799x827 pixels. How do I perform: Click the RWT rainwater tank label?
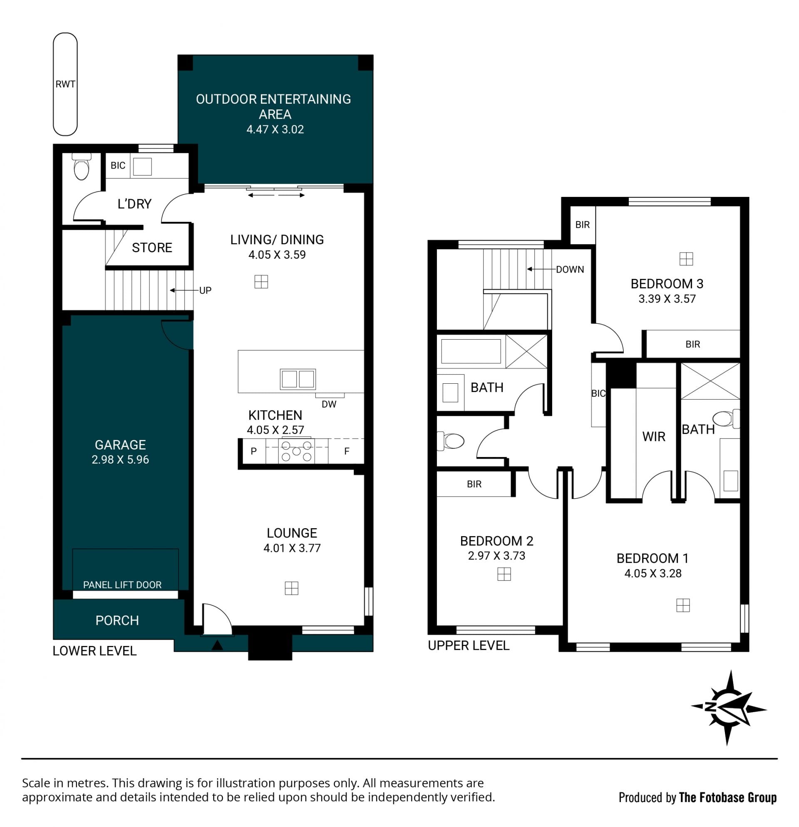65,84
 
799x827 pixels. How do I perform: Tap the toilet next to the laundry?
82,166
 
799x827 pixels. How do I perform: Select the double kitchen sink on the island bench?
298,379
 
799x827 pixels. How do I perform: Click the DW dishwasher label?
329,404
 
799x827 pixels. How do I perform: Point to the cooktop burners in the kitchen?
297,452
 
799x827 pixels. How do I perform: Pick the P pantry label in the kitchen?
253,451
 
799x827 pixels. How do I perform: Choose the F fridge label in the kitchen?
347,451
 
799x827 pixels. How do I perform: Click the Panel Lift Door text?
122,585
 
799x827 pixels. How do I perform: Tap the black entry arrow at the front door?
217,645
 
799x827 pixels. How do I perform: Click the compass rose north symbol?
729,708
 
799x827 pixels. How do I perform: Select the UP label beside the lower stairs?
206,290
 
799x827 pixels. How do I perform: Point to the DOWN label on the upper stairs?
570,270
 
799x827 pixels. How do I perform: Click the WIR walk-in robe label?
654,436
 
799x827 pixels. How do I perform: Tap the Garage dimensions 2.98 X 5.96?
120,459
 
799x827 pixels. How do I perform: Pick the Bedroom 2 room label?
496,541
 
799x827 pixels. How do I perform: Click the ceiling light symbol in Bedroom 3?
686,258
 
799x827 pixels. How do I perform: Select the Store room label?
152,248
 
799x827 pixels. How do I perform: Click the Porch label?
117,620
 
